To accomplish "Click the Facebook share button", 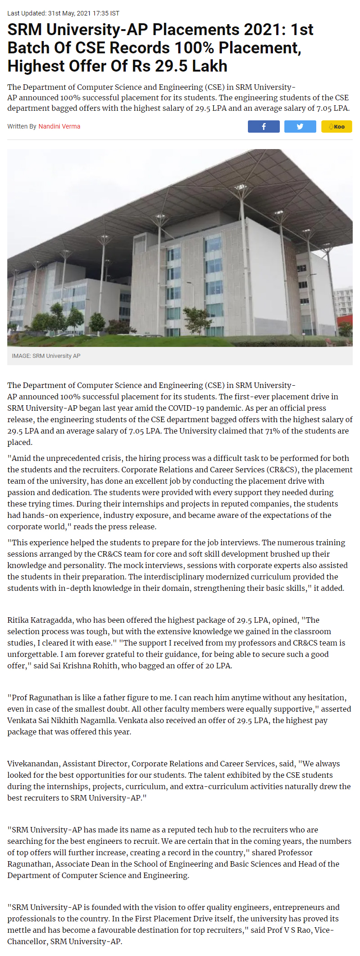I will (263, 126).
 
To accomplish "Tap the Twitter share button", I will (300, 126).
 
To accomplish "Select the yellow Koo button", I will (336, 126).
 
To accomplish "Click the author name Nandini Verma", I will (59, 126).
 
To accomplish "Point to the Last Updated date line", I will (63, 13).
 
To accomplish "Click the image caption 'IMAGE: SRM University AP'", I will (46, 356).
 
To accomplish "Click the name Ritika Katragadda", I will (40, 620).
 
